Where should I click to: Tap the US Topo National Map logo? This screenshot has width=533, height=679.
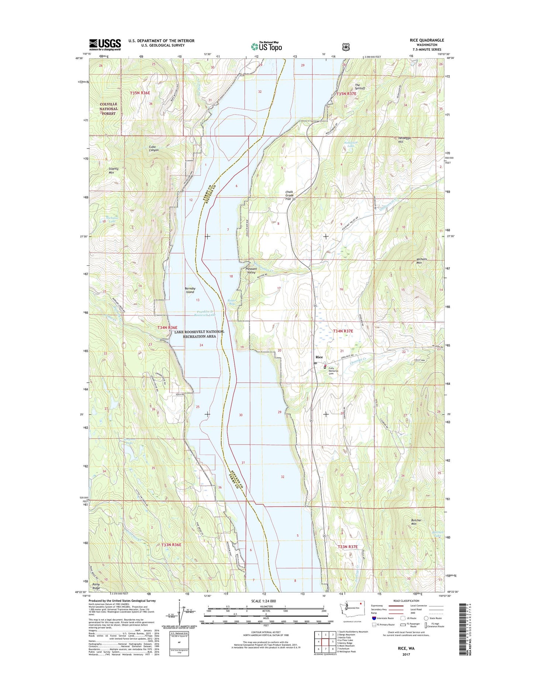click(x=266, y=46)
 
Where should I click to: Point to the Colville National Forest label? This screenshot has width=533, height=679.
click(x=109, y=109)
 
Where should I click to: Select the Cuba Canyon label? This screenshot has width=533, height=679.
click(x=154, y=148)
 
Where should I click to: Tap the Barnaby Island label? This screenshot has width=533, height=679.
click(x=190, y=290)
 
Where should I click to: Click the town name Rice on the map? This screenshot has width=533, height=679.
click(x=319, y=357)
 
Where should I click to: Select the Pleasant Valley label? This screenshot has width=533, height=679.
click(x=251, y=271)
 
